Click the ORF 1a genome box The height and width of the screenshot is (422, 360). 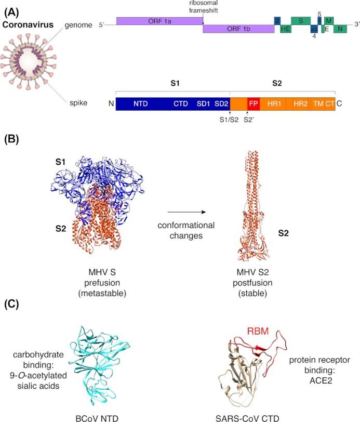click(159, 21)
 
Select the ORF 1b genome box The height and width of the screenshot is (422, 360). click(238, 29)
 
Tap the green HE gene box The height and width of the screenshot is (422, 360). click(285, 30)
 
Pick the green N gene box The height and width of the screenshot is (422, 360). click(340, 30)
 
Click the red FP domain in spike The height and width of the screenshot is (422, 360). click(254, 103)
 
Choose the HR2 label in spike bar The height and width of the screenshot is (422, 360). click(300, 103)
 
